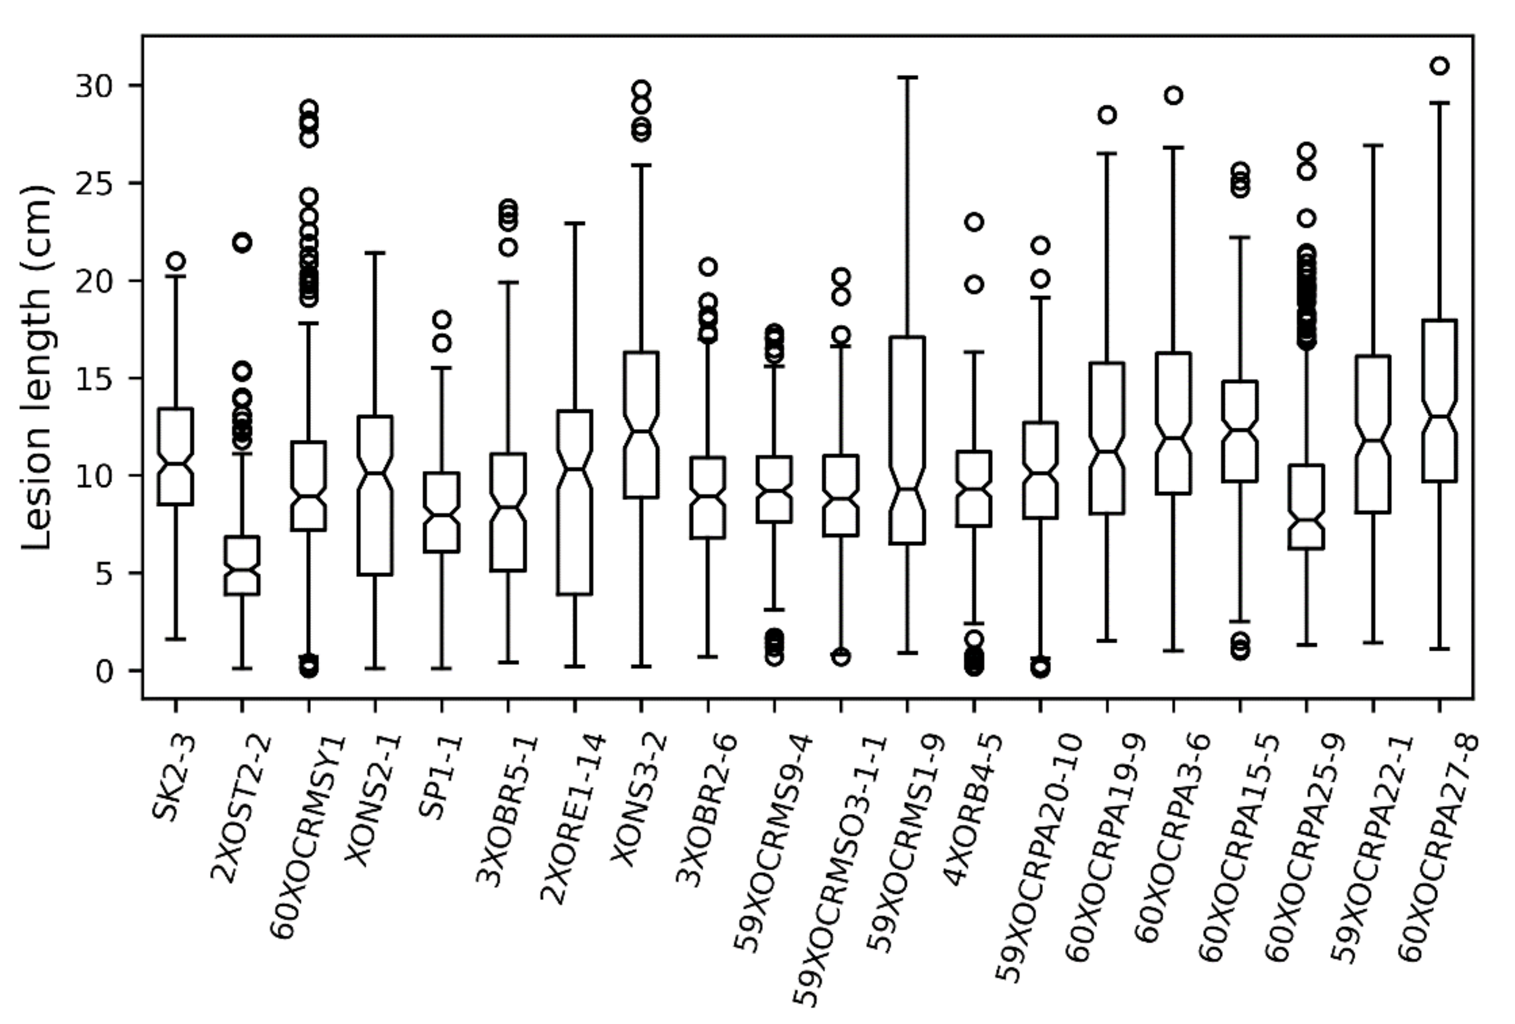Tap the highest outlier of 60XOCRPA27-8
coord(1440,65)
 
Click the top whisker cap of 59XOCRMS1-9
coord(907,77)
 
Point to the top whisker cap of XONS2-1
coord(375,252)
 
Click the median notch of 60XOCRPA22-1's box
coord(1373,440)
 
